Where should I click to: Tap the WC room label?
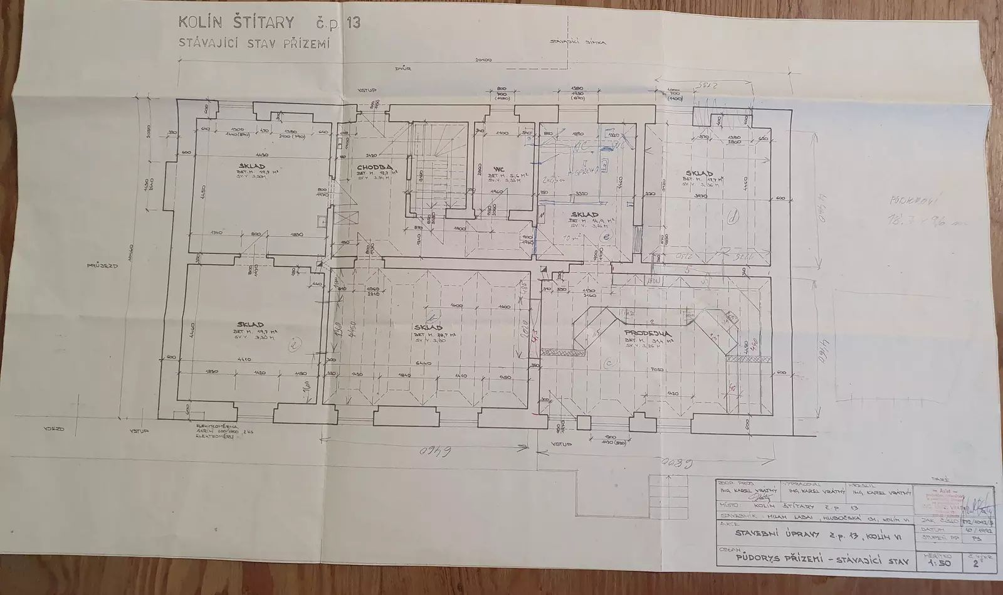[500, 169]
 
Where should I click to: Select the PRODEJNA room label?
[648, 333]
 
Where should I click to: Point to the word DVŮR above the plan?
[404, 69]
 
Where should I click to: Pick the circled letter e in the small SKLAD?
[606, 237]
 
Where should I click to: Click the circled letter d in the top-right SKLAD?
[733, 218]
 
